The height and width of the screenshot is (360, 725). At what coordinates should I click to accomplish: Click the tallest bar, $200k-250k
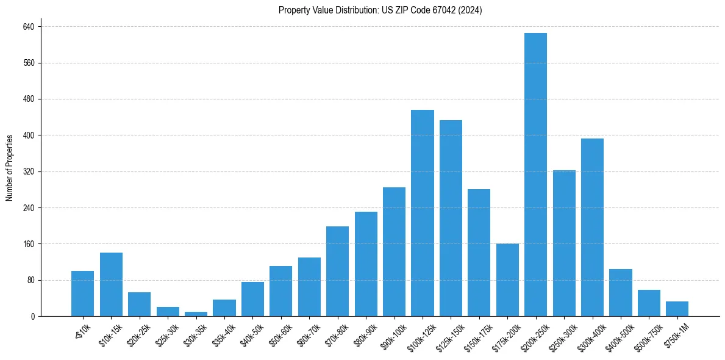[x=535, y=175]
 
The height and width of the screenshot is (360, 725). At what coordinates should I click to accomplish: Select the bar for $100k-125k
[x=423, y=213]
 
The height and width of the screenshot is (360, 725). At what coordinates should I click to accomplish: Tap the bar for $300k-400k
[x=592, y=227]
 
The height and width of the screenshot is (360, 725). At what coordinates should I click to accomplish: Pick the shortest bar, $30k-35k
[x=196, y=314]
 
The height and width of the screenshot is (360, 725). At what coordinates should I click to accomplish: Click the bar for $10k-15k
[x=111, y=284]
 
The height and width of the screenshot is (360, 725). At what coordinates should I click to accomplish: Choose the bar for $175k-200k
[x=507, y=280]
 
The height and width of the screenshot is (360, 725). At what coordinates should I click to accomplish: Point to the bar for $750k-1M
[x=677, y=309]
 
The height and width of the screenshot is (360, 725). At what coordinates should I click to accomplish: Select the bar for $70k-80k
[x=337, y=271]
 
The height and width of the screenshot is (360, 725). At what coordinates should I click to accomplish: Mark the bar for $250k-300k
[x=564, y=243]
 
